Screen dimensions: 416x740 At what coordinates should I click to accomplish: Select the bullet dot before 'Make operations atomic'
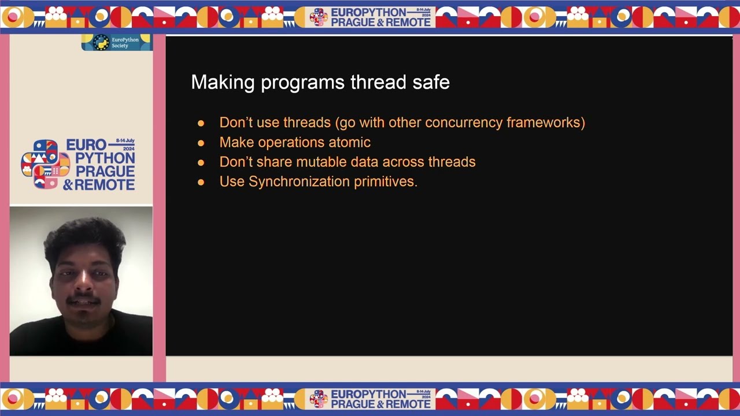tap(201, 143)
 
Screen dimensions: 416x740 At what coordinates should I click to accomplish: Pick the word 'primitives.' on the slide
tap(386, 181)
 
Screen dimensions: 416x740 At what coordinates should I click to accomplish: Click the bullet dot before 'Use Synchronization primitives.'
tap(201, 182)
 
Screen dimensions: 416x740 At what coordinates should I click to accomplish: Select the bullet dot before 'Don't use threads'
tap(201, 123)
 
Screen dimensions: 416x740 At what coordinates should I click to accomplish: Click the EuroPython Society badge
tap(116, 43)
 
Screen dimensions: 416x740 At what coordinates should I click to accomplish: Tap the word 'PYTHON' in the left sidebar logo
tap(105, 158)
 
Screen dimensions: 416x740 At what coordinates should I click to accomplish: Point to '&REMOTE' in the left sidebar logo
tap(99, 185)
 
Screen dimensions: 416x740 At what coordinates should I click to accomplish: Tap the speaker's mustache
tap(83, 300)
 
